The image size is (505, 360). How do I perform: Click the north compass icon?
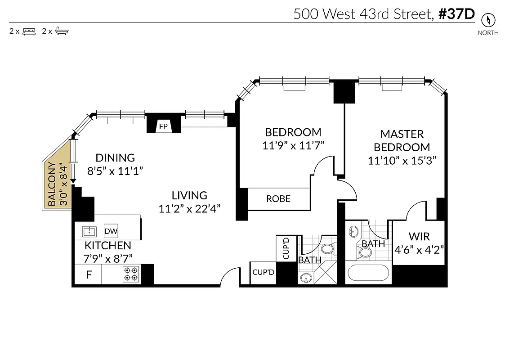[488, 20]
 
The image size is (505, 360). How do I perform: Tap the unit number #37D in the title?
[456, 14]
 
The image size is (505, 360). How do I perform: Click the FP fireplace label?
[163, 126]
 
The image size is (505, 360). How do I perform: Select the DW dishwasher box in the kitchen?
[111, 231]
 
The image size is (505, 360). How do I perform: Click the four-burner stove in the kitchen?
[131, 274]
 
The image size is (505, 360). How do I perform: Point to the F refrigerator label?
[89, 274]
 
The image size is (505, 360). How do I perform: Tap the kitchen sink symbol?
[89, 231]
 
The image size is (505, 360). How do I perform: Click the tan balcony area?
[57, 180]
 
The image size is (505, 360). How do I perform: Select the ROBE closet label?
[278, 198]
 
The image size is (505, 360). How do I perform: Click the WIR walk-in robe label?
[419, 236]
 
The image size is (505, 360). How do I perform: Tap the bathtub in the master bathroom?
[369, 274]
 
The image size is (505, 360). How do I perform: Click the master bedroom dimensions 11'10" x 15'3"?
[402, 161]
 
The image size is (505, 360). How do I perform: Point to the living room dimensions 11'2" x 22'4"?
[189, 209]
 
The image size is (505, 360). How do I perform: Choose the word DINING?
[115, 158]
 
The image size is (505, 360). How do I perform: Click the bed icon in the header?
[29, 31]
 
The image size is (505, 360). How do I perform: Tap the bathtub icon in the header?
[62, 31]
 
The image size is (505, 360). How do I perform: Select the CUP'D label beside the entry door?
[263, 272]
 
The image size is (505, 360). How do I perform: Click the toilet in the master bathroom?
[365, 252]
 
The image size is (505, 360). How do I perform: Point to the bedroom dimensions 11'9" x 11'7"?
[293, 145]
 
